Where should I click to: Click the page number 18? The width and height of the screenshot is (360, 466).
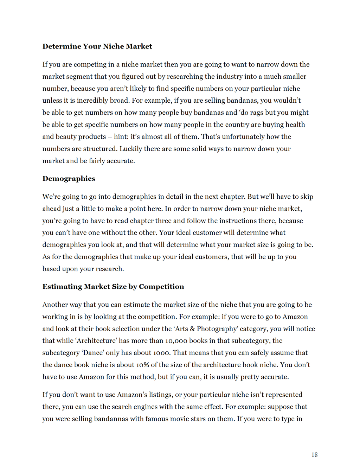pyautogui.click(x=314, y=455)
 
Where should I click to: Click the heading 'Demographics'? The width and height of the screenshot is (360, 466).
pyautogui.click(x=69, y=179)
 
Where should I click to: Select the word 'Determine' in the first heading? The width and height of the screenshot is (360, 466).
pyautogui.click(x=62, y=46)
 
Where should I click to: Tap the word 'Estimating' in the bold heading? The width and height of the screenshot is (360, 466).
pyautogui.click(x=62, y=287)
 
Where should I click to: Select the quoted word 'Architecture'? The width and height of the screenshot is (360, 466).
pyautogui.click(x=97, y=340)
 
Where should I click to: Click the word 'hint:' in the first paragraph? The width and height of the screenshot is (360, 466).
pyautogui.click(x=122, y=137)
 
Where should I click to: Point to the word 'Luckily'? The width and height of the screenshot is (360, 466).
pyautogui.click(x=131, y=149)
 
